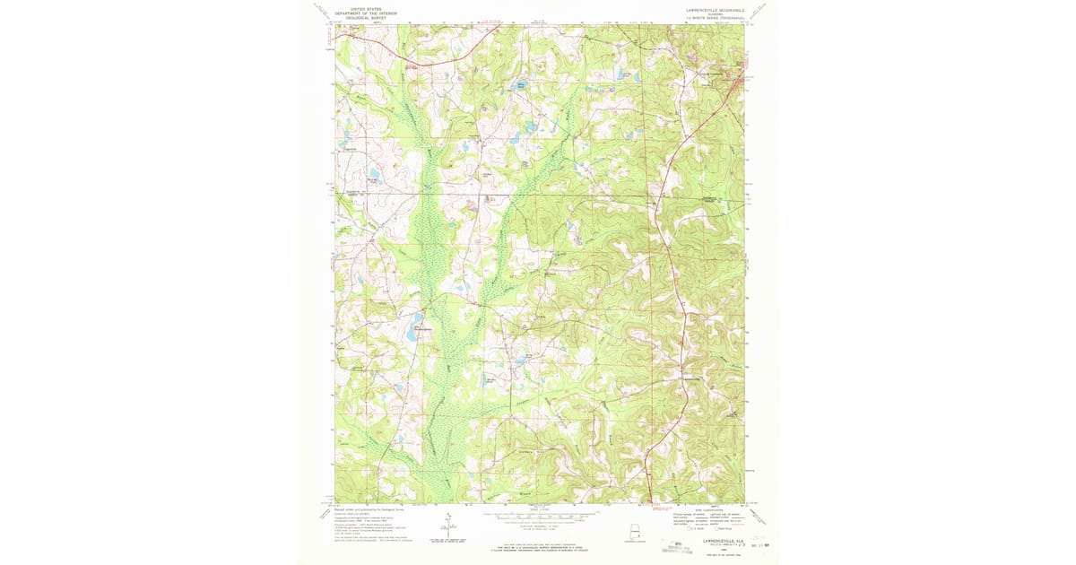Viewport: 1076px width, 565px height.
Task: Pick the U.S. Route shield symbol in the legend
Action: (x=690, y=530)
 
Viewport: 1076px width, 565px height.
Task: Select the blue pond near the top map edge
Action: (x=521, y=87)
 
